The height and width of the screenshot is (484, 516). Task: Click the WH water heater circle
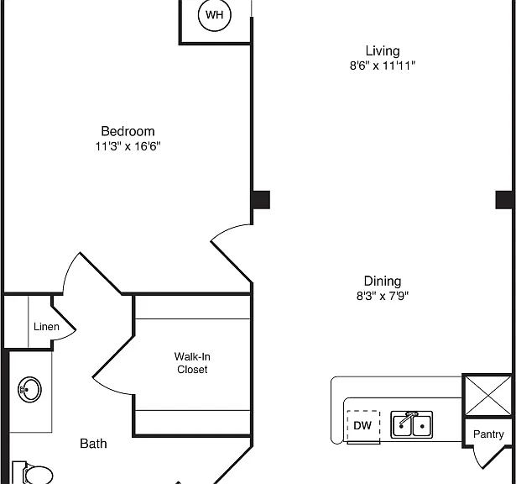[x=215, y=15]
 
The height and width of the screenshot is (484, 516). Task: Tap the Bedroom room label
[x=128, y=131]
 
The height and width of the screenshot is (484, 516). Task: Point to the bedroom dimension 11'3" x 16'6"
[x=128, y=146]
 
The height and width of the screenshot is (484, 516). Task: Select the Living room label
[x=383, y=50]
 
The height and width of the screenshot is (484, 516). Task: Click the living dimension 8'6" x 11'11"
[x=383, y=66]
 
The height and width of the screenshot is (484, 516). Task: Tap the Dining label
[x=383, y=281]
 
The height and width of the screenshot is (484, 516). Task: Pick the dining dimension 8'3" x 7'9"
[x=383, y=296]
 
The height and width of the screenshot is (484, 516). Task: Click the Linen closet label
[x=46, y=327]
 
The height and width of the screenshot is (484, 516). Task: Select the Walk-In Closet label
[x=192, y=363]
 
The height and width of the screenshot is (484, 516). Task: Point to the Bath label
[x=93, y=444]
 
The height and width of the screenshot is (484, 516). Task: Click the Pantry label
[x=488, y=434]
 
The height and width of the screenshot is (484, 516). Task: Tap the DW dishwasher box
[x=363, y=427]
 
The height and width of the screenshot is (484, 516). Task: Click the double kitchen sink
[x=411, y=424]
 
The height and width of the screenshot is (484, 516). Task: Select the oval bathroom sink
[x=29, y=389]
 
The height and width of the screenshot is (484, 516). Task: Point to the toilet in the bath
[x=32, y=473]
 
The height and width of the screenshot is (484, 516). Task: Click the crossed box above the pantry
[x=488, y=396]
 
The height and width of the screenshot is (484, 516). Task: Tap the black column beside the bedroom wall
[x=261, y=200]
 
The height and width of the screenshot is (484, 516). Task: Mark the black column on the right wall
[x=503, y=200]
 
